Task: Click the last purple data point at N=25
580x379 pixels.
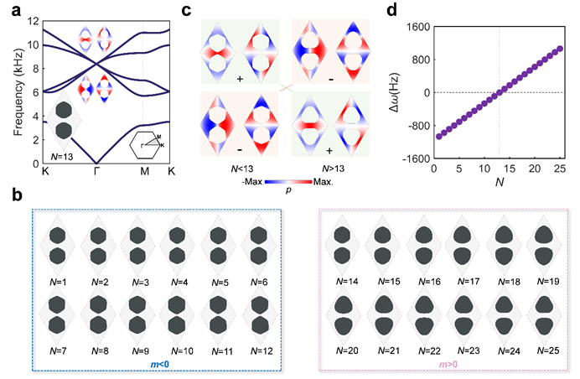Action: click(x=560, y=49)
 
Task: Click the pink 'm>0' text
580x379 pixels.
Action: click(x=448, y=366)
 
